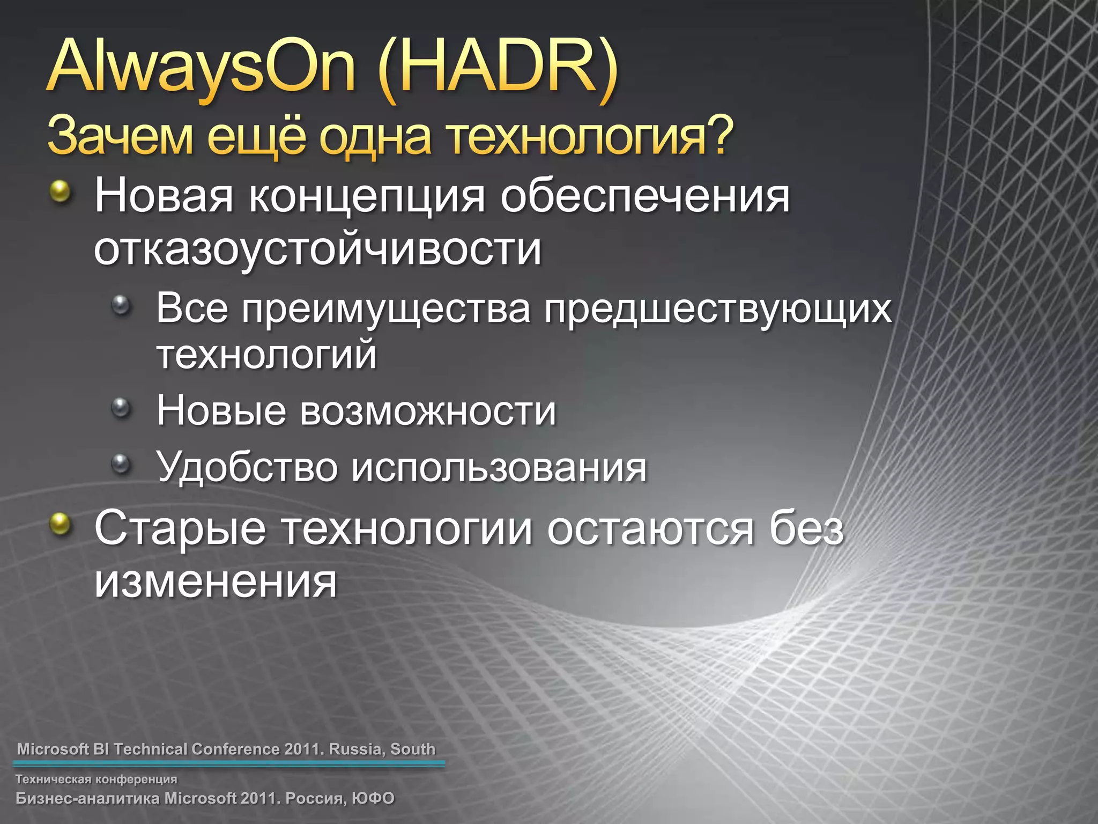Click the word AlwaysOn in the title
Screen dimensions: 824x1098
click(201, 67)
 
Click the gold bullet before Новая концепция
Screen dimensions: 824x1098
click(60, 192)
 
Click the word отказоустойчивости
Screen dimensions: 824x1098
click(317, 250)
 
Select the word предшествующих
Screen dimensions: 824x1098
click(718, 310)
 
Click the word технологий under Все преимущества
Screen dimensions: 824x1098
click(266, 355)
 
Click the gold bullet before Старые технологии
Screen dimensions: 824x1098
click(60, 524)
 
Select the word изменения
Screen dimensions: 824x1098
click(216, 582)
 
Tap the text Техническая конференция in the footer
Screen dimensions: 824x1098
click(96, 779)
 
